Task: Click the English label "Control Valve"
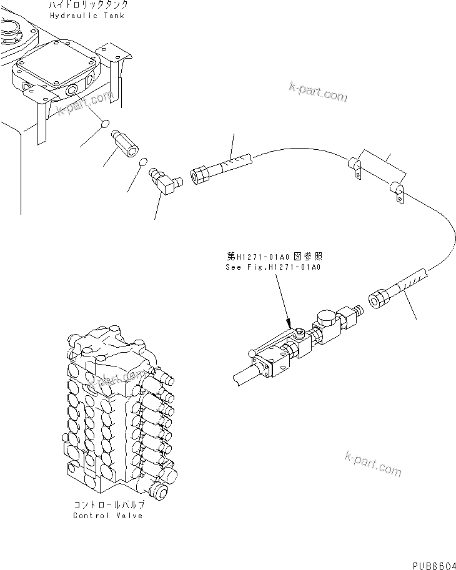pyautogui.click(x=107, y=515)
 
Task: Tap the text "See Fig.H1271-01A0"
pyautogui.click(x=273, y=267)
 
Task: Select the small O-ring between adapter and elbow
pyautogui.click(x=142, y=163)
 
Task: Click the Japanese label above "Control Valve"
pyautogui.click(x=107, y=504)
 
